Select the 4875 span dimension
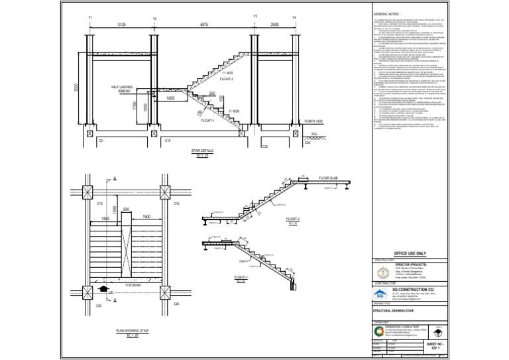(x=205, y=24)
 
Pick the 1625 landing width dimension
(x=170, y=97)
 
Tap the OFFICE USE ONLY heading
(x=411, y=254)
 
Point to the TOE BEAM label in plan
(x=133, y=284)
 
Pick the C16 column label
(x=176, y=204)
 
